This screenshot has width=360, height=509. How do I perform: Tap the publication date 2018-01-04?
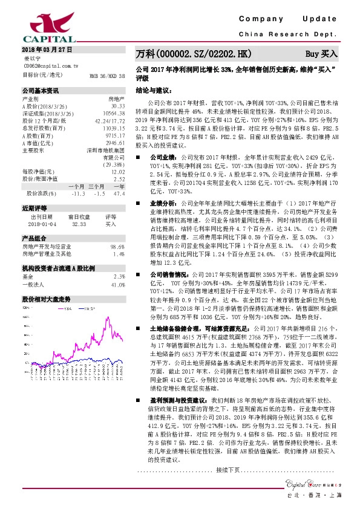(41, 223)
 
